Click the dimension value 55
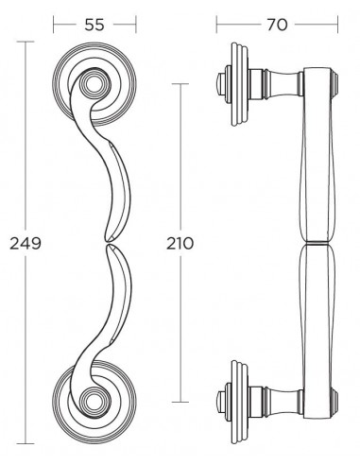point(94,25)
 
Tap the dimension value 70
point(277,25)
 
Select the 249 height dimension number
point(26,244)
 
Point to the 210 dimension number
point(180,244)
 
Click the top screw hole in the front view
point(94,83)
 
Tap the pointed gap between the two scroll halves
point(109,242)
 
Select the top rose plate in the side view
point(239,84)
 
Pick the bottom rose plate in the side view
point(239,402)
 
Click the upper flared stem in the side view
point(283,83)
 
